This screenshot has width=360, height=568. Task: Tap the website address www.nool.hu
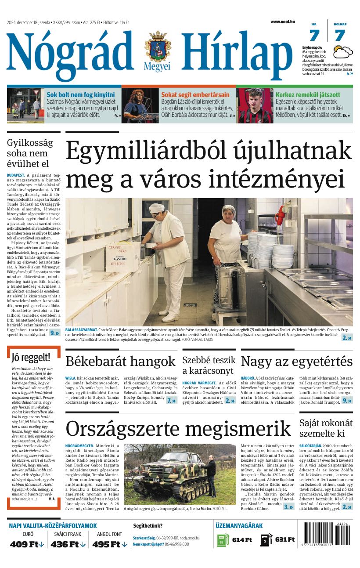282,22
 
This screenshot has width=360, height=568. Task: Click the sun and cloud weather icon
342,52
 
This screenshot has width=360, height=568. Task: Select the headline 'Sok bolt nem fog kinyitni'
80,94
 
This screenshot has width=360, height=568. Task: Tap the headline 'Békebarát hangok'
120,361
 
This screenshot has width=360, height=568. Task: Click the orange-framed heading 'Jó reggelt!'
31,357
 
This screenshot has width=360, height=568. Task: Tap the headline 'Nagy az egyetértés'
296,361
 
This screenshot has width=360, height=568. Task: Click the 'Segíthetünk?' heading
148,525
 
